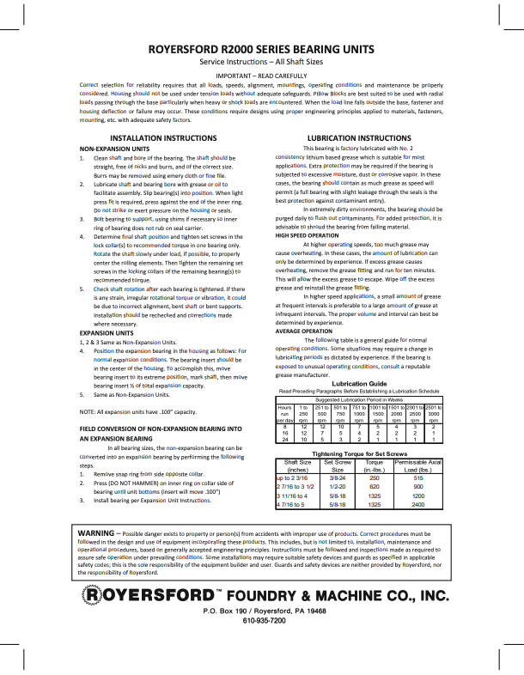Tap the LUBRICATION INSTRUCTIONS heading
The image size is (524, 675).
358,137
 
